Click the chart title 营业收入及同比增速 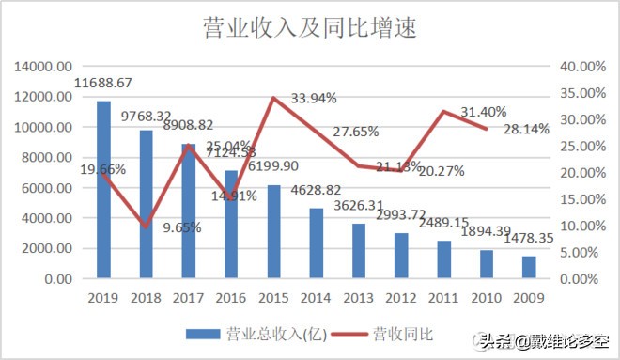pos(309,29)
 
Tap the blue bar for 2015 pos(273,231)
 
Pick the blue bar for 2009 pos(529,267)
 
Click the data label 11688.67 pos(103,83)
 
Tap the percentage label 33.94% pos(314,98)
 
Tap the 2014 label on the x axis pos(317,298)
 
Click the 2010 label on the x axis pos(487,298)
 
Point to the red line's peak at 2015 pos(273,98)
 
